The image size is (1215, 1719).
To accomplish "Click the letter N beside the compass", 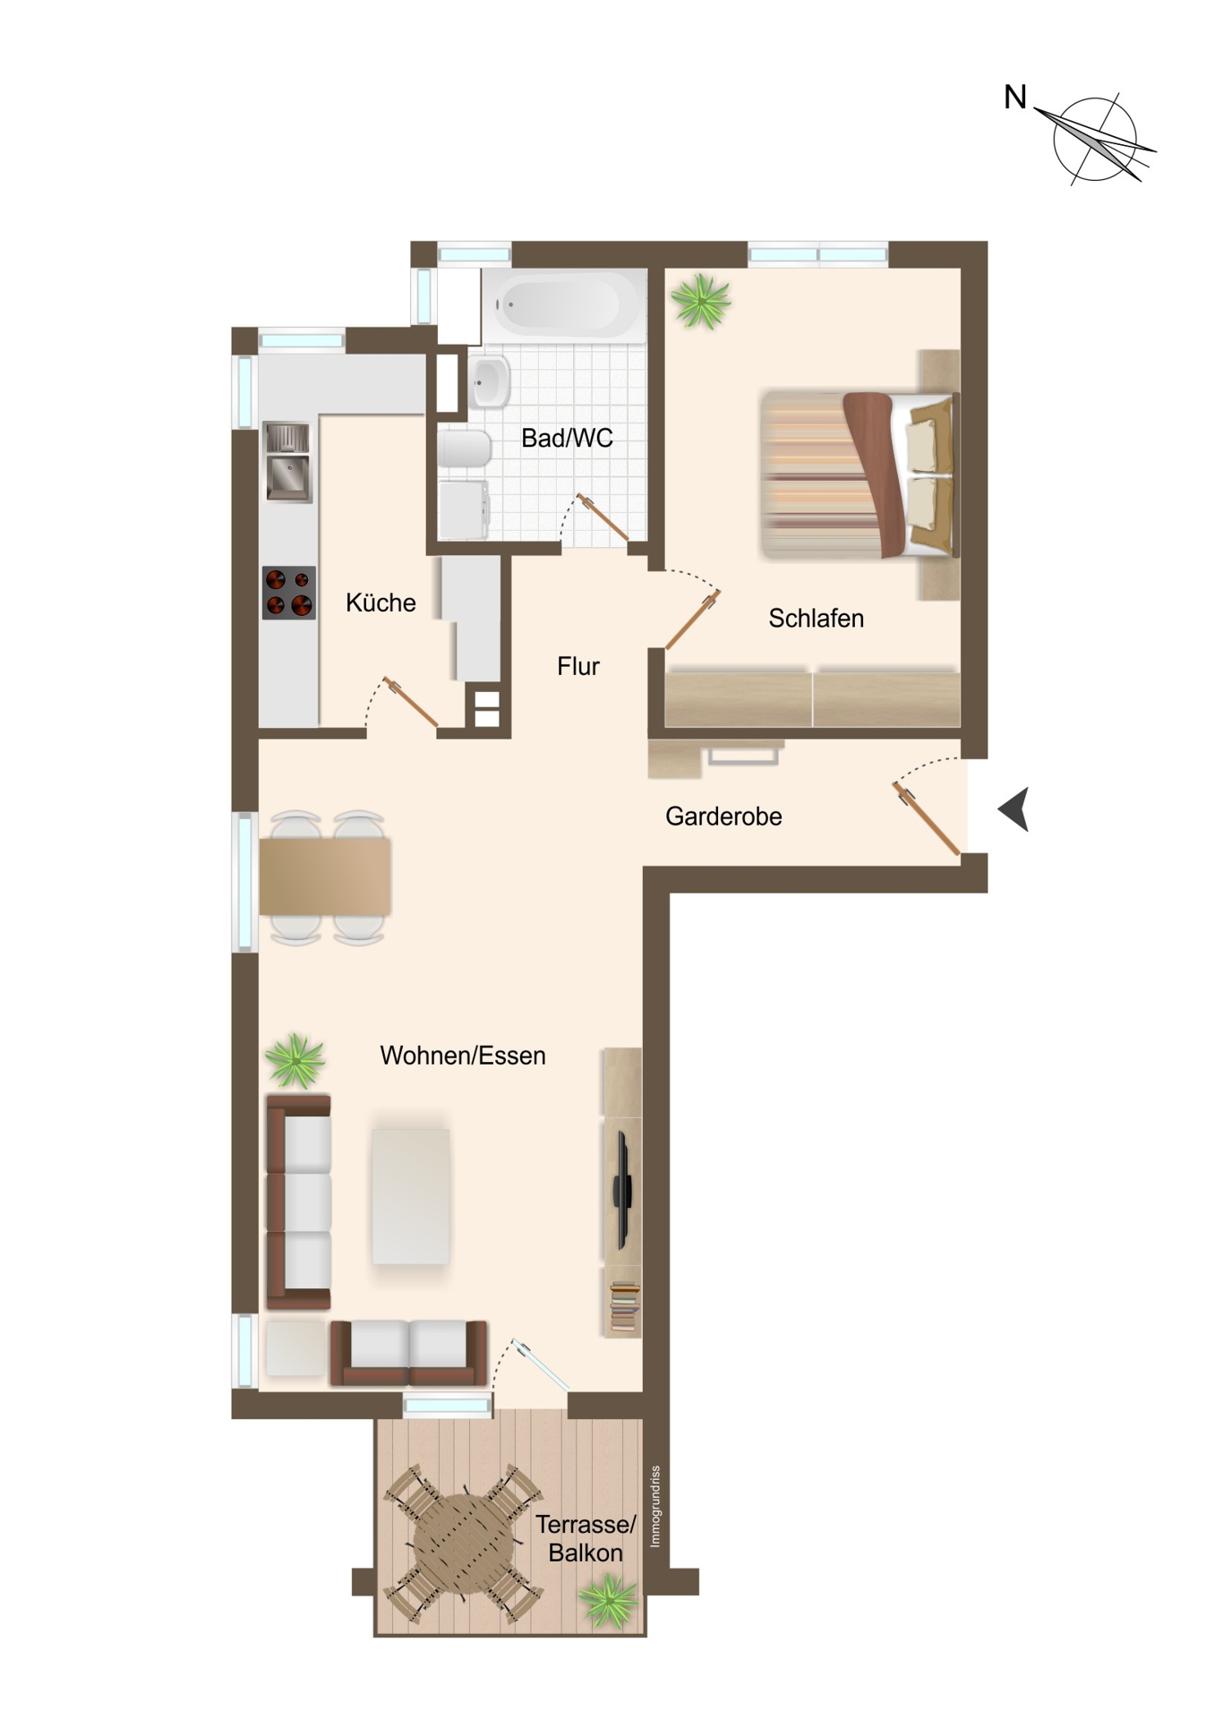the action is (x=1015, y=97).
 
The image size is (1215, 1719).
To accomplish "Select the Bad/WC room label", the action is (x=568, y=438).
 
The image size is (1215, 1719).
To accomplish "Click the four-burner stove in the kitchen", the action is (x=288, y=593).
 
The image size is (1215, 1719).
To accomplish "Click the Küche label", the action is (x=381, y=603).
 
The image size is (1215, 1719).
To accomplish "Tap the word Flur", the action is (x=578, y=666).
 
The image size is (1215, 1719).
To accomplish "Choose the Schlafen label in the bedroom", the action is (x=817, y=618).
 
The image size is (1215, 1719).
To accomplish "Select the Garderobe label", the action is (x=723, y=817).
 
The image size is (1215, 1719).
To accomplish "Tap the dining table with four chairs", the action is (x=324, y=877).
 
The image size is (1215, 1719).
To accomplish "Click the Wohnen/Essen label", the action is (x=463, y=1056).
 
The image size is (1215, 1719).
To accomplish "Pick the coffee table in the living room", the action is (x=411, y=1195).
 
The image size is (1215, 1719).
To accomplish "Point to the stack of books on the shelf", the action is (x=625, y=1306).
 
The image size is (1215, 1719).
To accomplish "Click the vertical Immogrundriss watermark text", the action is (x=655, y=1506).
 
